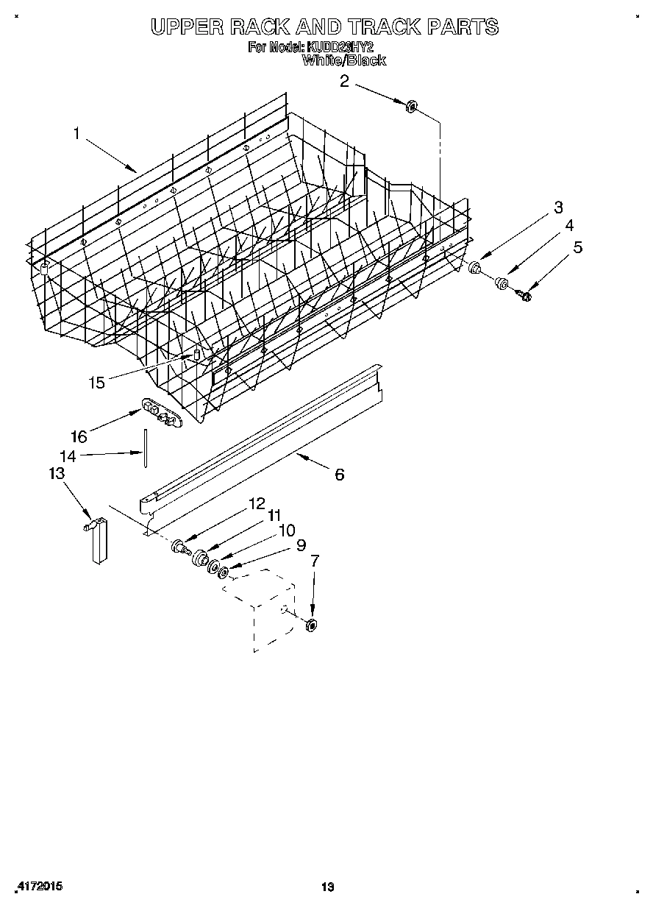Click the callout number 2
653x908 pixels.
click(x=344, y=81)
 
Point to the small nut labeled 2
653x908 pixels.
click(x=412, y=106)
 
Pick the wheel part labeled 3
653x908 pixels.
click(x=476, y=267)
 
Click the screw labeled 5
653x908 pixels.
click(x=525, y=296)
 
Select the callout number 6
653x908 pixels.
click(x=339, y=475)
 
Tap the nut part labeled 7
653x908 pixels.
click(x=311, y=625)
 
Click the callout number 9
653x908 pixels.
click(x=300, y=545)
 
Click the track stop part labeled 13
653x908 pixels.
click(x=98, y=541)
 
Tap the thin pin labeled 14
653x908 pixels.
click(x=146, y=447)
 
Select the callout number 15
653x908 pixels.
click(x=97, y=382)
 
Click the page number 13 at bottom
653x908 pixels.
click(x=327, y=887)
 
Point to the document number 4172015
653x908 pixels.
click(x=38, y=887)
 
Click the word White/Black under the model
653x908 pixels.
click(x=344, y=60)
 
